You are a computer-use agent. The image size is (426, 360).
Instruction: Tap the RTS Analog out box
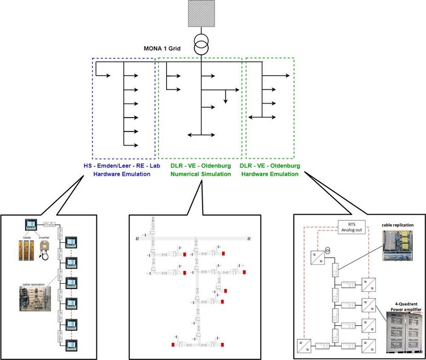[x=351, y=227]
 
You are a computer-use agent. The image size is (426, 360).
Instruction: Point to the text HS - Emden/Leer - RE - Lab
[x=124, y=166]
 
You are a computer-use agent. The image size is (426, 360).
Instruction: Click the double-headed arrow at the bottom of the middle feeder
[x=201, y=136]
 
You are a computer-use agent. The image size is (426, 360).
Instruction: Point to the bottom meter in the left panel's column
[x=71, y=344]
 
